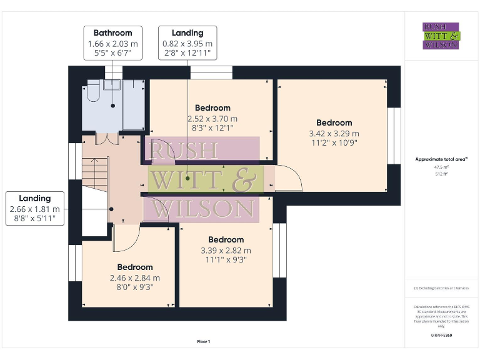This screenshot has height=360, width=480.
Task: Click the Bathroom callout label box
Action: click(113, 43)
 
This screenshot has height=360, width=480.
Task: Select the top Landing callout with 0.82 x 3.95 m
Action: click(187, 43)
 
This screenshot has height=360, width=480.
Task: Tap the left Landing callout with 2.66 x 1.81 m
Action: click(35, 209)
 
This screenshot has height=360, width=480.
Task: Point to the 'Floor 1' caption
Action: click(204, 342)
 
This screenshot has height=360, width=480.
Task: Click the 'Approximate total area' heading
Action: click(441, 159)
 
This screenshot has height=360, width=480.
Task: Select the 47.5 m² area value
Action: click(441, 167)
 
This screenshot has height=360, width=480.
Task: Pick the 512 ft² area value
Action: click(441, 174)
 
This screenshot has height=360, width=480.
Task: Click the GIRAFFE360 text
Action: click(441, 336)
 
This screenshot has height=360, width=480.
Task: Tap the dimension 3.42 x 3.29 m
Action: click(334, 133)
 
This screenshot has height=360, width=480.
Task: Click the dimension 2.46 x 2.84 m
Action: click(135, 278)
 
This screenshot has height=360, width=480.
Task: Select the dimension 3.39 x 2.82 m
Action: click(226, 251)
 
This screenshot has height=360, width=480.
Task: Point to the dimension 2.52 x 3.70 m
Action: click(212, 119)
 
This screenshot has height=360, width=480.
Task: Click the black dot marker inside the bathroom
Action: click(113, 106)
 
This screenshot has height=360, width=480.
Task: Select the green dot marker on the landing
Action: click(187, 178)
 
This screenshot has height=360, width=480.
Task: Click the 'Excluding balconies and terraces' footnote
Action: click(441, 288)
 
